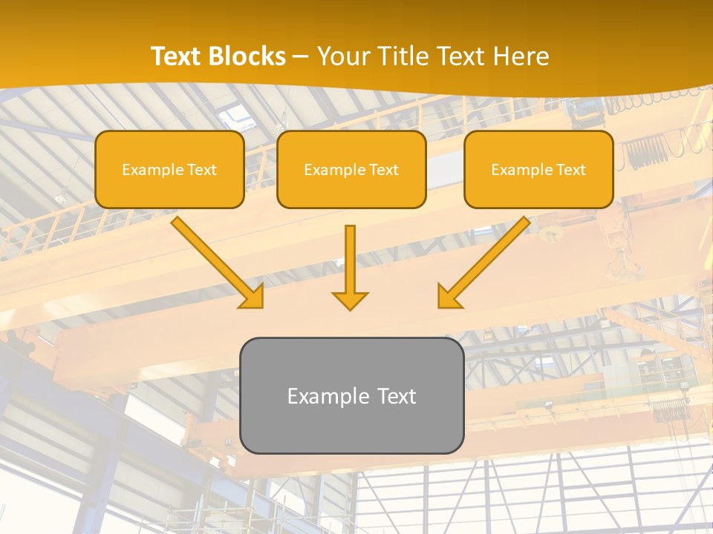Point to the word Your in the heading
coord(343,56)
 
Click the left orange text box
coord(169,169)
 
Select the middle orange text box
coord(351,169)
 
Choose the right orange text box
coord(538,169)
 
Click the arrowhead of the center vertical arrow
coord(350,300)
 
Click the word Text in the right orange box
coord(570,170)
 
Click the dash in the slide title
coord(302,57)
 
